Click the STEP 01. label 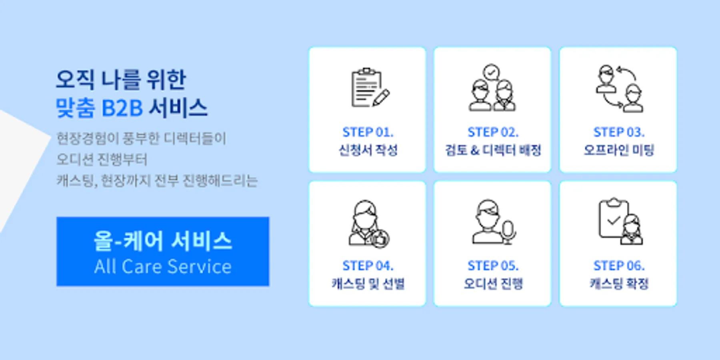tap(368, 132)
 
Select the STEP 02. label tap(493, 132)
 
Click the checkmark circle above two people tap(491, 72)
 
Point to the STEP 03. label tap(618, 132)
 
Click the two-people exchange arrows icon tap(620, 88)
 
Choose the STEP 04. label tap(368, 266)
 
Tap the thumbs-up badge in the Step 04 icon tap(380, 239)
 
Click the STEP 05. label tap(493, 266)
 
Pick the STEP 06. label tap(618, 266)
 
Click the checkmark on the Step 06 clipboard tap(613, 220)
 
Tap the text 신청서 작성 tap(368, 150)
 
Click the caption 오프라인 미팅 tap(618, 150)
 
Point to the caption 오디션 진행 tap(493, 284)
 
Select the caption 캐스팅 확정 tap(619, 284)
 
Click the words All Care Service tap(163, 266)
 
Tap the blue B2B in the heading tap(122, 108)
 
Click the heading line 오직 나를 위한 tap(121, 79)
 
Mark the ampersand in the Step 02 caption tap(475, 150)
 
